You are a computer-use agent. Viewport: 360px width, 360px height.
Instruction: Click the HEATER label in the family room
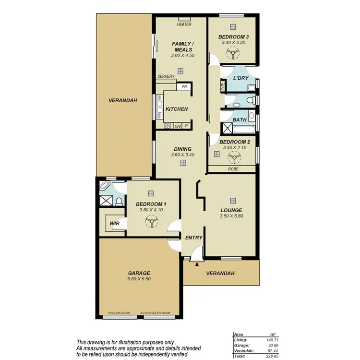pos(184,24)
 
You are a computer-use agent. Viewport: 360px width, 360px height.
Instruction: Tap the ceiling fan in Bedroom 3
pos(233,55)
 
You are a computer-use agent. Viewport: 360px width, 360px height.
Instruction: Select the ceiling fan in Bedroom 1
pos(151,222)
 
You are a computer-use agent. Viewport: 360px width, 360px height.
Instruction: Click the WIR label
pos(114,223)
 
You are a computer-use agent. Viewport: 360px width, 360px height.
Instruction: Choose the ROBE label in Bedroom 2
pos(232,169)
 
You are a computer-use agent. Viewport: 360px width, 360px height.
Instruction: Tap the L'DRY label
pos(240,78)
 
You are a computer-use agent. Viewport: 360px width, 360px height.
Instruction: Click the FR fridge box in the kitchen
pos(183,87)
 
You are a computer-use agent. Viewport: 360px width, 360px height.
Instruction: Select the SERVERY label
pos(166,76)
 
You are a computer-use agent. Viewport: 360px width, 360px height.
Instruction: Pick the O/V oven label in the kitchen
pos(177,126)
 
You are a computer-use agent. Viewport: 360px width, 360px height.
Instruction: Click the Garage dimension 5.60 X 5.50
pos(138,278)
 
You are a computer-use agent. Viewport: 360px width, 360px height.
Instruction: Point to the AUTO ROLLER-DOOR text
pos(156,313)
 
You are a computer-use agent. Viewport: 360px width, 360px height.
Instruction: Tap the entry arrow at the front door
pos(197,264)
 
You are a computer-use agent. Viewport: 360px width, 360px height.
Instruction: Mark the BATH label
pos(240,120)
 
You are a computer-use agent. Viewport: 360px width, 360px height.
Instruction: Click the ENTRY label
pos(193,238)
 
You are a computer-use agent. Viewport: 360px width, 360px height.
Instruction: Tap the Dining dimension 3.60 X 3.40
pos(183,155)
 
